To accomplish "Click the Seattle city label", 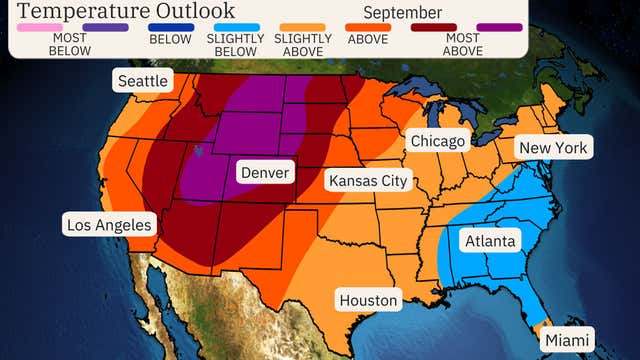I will coord(142,81).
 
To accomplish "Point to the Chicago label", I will coord(439,141).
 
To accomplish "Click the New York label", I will coord(554,149).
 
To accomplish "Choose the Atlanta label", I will coord(490,241).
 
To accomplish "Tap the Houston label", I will coord(368,300).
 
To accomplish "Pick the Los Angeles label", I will coord(107,224).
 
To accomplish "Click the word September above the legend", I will coord(403,13).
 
